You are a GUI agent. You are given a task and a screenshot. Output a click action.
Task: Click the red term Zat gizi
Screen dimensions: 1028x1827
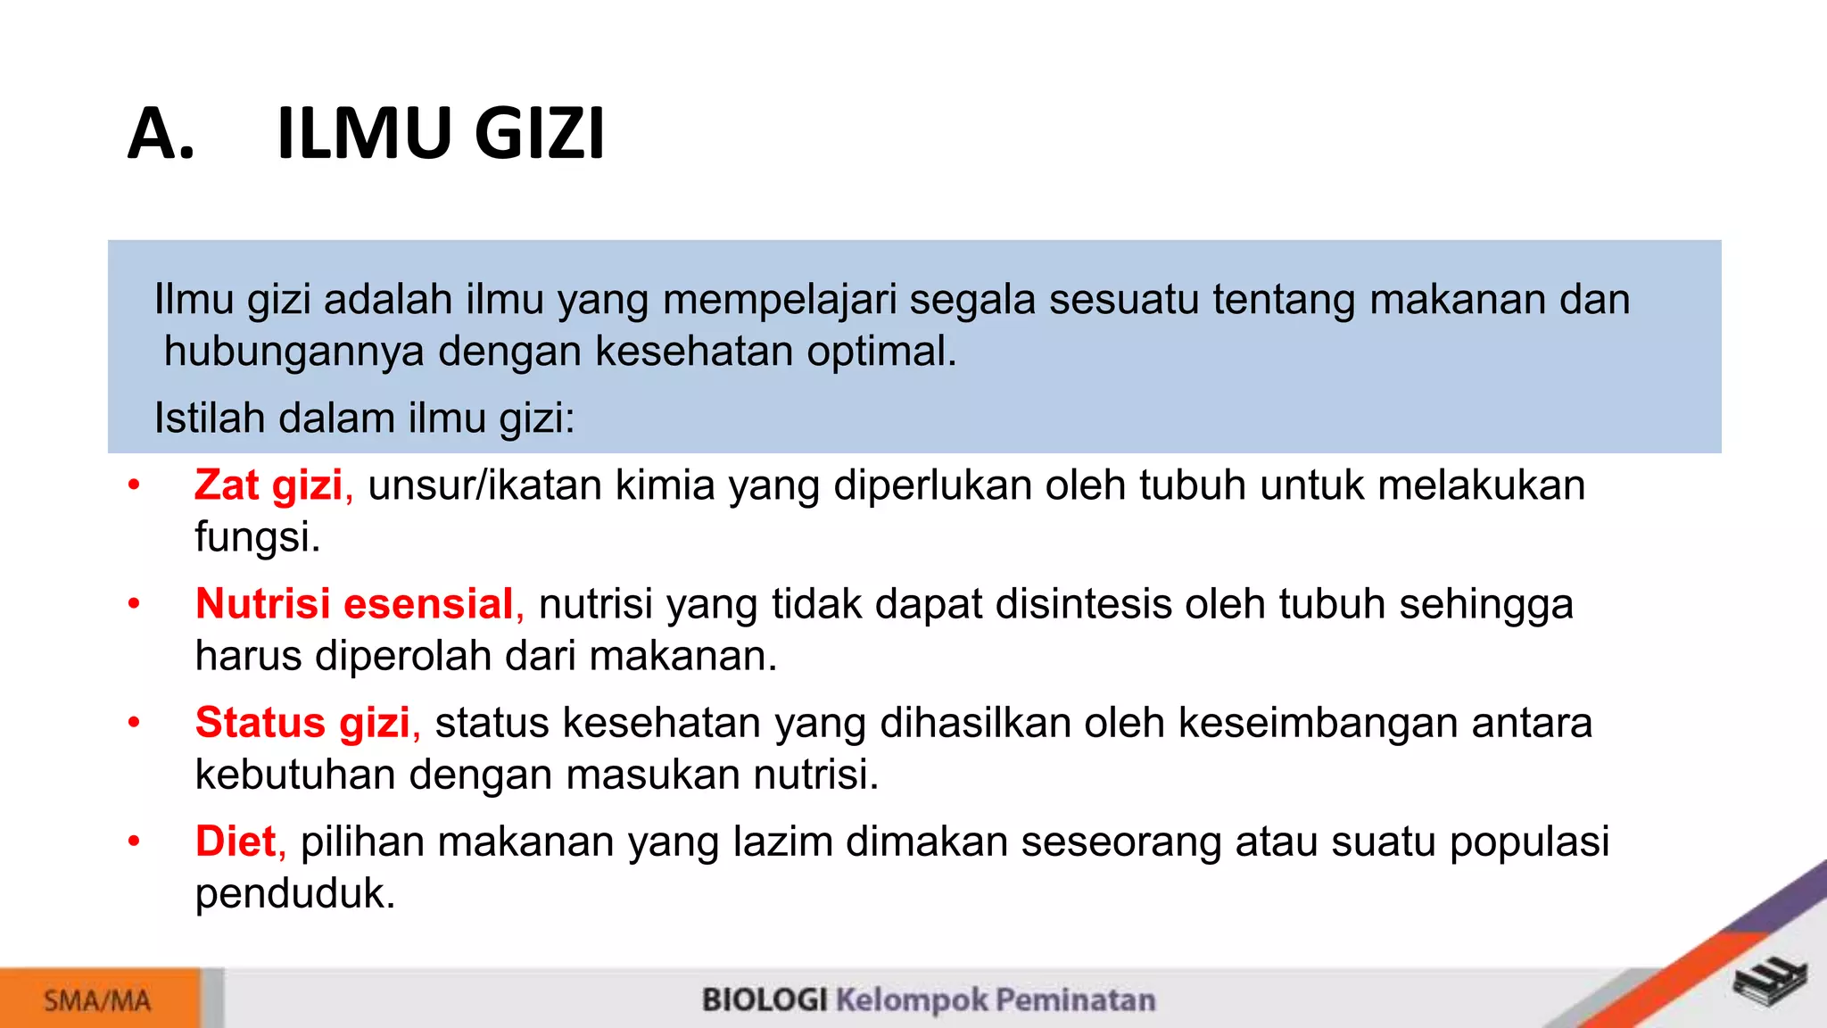(268, 486)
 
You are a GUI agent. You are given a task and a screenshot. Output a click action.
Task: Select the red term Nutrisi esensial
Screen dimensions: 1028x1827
(354, 604)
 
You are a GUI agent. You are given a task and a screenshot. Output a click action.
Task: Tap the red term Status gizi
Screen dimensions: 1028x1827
(302, 723)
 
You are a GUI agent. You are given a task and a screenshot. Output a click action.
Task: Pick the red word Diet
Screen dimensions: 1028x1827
(236, 841)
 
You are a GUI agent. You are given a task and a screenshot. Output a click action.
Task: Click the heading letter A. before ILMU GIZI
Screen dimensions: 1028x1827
(161, 134)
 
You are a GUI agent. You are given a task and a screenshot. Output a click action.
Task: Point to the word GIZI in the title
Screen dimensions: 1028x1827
(539, 134)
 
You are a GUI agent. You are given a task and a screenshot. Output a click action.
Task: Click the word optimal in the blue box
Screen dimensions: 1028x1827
(880, 352)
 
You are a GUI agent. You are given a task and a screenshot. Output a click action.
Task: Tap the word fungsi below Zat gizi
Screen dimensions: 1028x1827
(256, 537)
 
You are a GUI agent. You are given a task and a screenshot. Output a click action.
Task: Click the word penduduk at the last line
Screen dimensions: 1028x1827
(294, 894)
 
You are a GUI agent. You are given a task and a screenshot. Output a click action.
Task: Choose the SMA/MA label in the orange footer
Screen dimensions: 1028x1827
(97, 1000)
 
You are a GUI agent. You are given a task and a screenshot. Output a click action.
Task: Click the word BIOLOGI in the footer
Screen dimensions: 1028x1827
(765, 999)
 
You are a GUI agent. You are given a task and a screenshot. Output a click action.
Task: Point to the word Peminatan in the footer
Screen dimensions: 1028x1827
(1075, 999)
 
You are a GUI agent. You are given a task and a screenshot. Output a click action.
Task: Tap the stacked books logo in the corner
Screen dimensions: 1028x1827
(1770, 982)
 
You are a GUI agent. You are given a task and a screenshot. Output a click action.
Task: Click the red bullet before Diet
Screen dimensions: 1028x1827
(134, 841)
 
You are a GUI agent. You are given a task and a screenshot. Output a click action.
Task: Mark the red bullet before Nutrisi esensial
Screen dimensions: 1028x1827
(134, 604)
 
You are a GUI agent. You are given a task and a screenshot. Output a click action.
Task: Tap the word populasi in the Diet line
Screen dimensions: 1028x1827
(1529, 841)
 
